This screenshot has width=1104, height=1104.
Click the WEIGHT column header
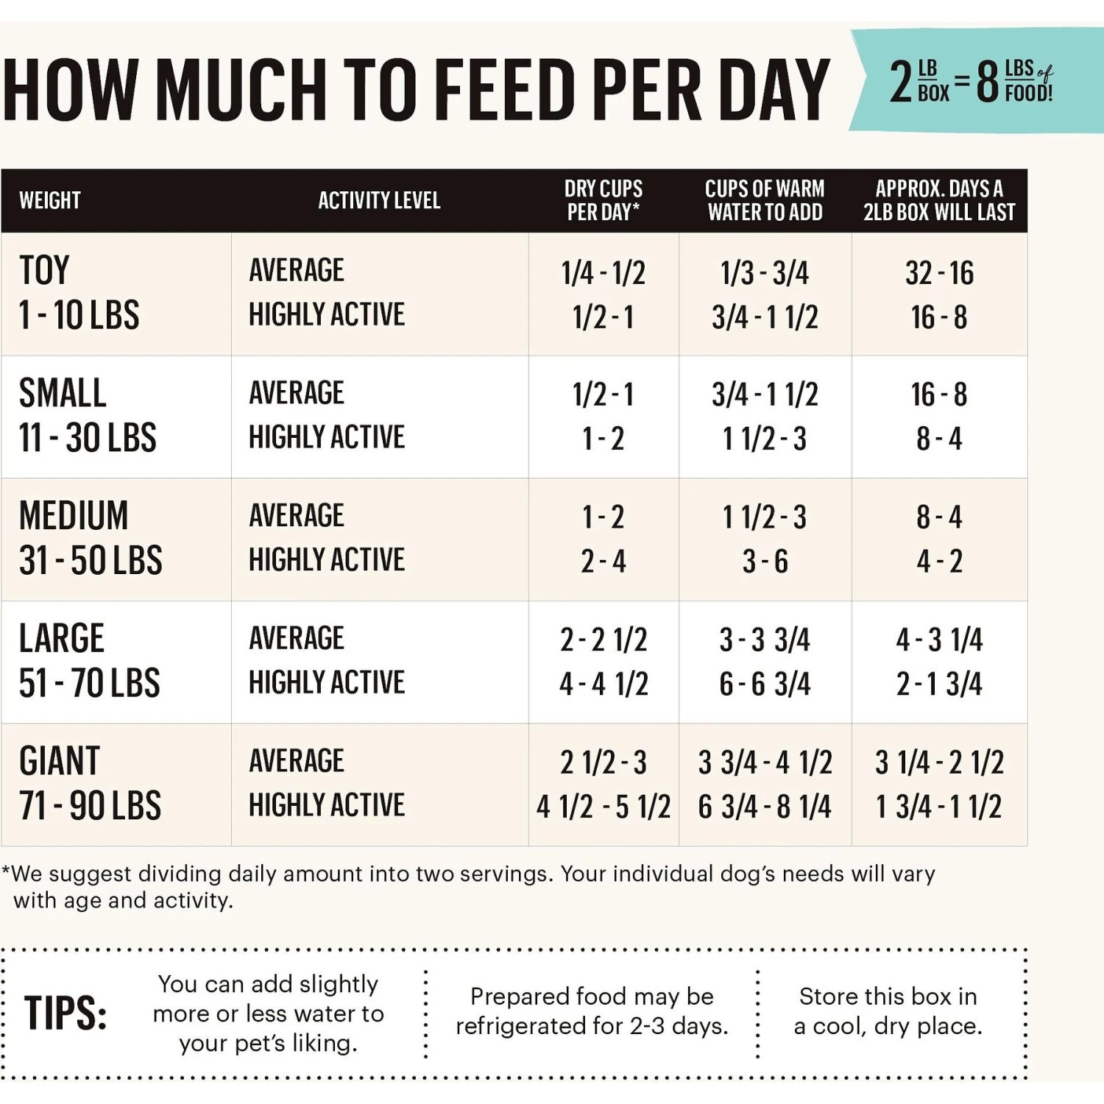coord(50,200)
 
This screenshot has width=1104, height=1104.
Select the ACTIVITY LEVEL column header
coord(379,200)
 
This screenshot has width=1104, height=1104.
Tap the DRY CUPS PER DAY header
coord(604,200)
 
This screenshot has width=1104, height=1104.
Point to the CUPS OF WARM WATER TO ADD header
coord(765,200)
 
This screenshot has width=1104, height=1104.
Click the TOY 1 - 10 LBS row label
coord(79,293)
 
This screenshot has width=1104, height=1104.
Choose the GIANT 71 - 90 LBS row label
coord(90,783)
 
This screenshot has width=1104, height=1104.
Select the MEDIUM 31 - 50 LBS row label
coord(91,538)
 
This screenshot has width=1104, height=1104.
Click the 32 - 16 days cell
coord(939,273)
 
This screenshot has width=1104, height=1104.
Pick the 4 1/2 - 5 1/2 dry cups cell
coord(604,807)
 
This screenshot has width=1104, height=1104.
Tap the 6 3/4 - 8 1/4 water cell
coord(765,807)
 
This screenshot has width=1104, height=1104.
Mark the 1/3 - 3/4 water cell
coord(765,273)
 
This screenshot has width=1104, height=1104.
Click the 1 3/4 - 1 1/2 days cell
coord(939,807)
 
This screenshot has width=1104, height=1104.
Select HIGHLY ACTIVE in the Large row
coord(327,683)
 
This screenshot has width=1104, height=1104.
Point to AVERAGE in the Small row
coord(297,393)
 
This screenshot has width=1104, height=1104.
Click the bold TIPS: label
coord(66,1013)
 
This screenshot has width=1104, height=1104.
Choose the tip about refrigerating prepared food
coord(592,1011)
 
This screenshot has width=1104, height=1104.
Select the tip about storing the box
coord(888,1011)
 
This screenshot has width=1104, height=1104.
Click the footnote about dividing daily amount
coord(471,886)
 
